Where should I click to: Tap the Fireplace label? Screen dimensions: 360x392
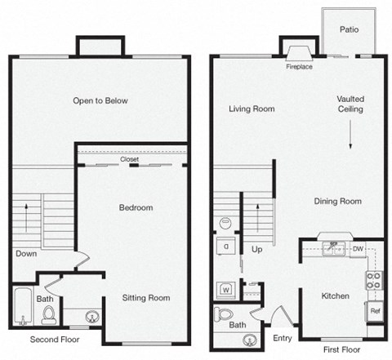tap(300, 68)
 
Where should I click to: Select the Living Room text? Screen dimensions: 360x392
tap(251, 109)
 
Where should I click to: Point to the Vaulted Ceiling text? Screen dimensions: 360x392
tap(350, 104)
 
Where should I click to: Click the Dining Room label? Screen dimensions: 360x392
tap(337, 201)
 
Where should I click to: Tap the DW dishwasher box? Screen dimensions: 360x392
tap(358, 248)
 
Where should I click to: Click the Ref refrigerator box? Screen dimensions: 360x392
tap(374, 310)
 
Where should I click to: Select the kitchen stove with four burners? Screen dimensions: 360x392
tap(373, 281)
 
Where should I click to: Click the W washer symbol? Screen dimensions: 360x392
tap(224, 289)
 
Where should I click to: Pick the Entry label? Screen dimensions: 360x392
tap(283, 337)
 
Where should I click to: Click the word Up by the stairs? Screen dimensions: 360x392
tap(257, 248)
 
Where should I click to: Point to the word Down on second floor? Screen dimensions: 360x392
tap(25, 254)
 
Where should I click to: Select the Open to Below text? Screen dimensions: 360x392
tap(100, 101)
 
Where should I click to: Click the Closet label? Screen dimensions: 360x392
tap(129, 160)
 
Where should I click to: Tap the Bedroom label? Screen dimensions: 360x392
tap(136, 207)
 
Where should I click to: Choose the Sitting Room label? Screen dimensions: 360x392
tap(147, 297)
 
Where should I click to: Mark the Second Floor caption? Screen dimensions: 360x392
tap(56, 338)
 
